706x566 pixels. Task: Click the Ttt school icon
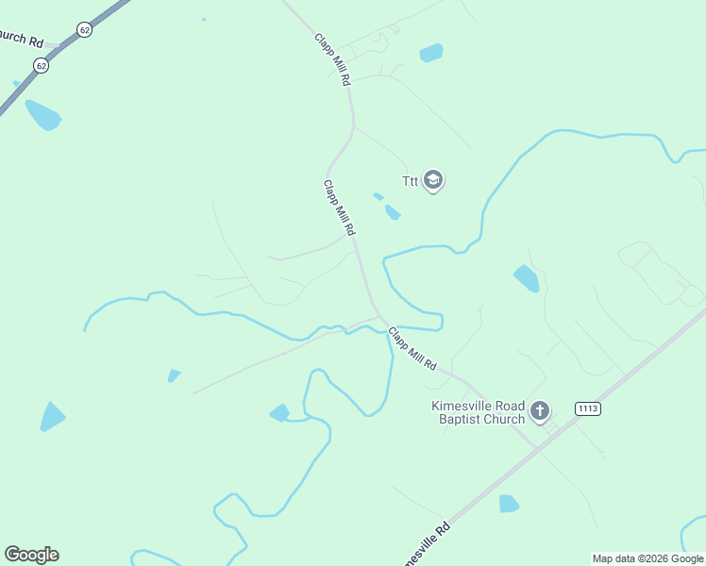tap(433, 180)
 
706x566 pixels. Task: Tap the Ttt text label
tap(410, 181)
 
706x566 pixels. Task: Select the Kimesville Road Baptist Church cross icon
tap(540, 410)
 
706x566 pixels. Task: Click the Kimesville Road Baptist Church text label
tap(478, 412)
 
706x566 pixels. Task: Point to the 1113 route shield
tap(587, 408)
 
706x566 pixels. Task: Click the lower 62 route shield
tap(40, 65)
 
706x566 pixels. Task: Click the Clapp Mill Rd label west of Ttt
tap(339, 208)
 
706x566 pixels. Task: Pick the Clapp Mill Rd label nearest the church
tap(412, 348)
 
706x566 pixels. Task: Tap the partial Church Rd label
tap(21, 39)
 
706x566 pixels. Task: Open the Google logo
tap(31, 555)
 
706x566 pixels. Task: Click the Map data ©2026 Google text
tap(647, 558)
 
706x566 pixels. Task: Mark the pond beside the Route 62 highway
tap(43, 116)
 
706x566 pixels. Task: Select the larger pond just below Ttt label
tap(393, 212)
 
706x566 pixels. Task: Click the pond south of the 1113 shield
tap(509, 503)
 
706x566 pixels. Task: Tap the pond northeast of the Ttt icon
tap(430, 52)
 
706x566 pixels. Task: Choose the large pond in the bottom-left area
tap(52, 416)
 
